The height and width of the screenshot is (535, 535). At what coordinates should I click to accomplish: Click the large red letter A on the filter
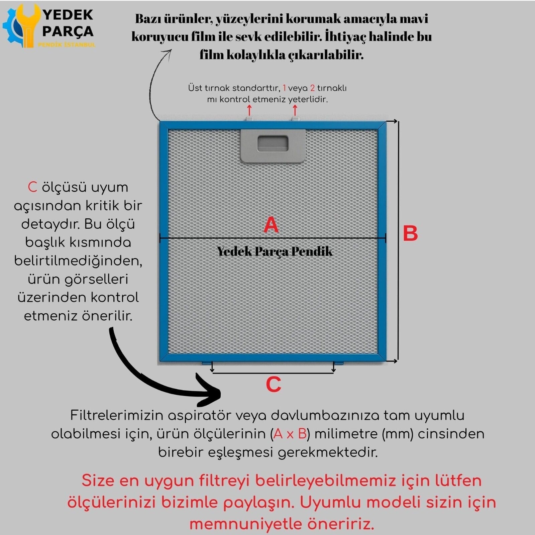[271, 225]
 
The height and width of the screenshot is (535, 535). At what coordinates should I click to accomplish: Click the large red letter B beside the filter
[410, 233]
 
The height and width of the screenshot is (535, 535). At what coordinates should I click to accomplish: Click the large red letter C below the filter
[273, 385]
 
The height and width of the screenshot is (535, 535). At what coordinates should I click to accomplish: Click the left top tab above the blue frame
[249, 119]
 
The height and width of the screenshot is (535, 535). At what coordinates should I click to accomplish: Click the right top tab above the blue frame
[295, 119]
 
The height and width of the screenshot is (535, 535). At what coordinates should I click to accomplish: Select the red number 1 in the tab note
[284, 88]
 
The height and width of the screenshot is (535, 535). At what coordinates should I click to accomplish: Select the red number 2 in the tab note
[312, 88]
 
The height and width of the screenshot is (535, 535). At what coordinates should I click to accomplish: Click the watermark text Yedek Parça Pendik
[275, 251]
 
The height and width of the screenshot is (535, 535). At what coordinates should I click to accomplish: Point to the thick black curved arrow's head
[211, 393]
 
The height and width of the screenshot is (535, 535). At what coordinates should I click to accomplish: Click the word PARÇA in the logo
[68, 31]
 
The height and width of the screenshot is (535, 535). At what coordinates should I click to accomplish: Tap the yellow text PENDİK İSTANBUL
[67, 45]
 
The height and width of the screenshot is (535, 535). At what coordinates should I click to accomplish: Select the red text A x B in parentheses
[290, 434]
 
